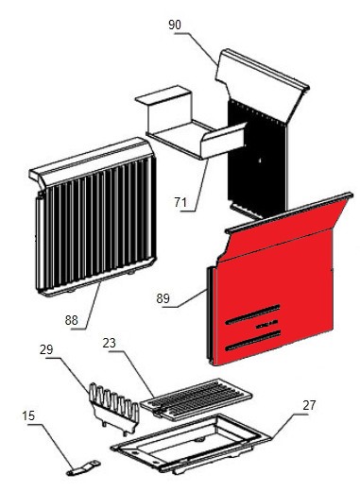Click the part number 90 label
(175, 25)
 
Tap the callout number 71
(180, 202)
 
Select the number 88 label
(72, 320)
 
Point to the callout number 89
(163, 298)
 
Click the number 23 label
(110, 343)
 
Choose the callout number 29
(46, 349)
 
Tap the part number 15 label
(28, 415)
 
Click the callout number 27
(309, 405)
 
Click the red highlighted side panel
(277, 283)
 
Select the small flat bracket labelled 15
(83, 468)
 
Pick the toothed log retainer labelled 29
(114, 408)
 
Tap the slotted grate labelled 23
(196, 399)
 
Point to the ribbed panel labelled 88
(94, 217)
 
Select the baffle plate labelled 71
(191, 126)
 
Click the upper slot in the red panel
(253, 314)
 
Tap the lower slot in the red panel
(253, 340)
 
